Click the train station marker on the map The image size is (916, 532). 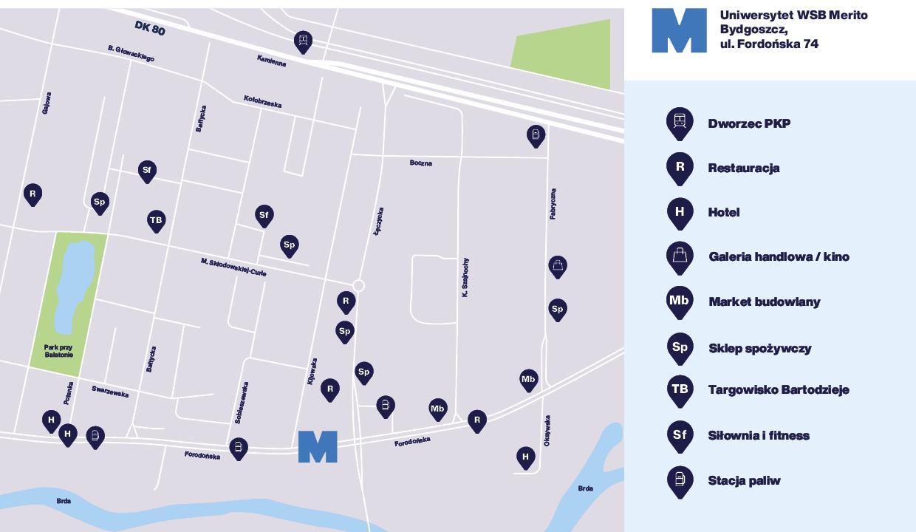302,41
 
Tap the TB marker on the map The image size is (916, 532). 156,220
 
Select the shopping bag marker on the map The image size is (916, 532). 558,265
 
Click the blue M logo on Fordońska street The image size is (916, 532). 318,447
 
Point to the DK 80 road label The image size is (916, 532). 150,28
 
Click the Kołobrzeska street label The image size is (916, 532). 262,101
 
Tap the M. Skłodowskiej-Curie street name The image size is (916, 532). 233,267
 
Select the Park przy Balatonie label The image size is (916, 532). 58,350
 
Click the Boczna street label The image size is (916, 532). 421,163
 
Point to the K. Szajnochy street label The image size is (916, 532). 465,278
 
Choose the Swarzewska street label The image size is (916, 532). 110,392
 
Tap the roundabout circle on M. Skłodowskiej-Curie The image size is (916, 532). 358,286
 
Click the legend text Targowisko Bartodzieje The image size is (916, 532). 779,389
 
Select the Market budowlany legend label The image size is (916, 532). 764,301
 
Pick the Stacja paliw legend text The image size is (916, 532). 744,480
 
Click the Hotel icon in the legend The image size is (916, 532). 680,212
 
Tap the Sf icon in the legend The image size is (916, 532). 680,435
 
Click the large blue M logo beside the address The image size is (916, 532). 679,31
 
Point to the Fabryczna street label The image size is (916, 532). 553,204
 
